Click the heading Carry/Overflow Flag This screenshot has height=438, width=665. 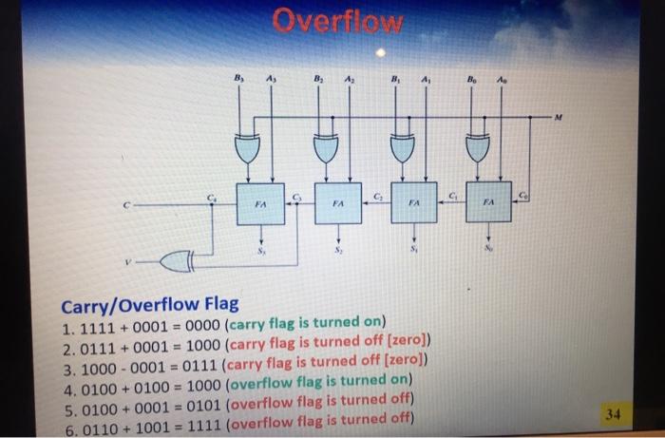(x=151, y=305)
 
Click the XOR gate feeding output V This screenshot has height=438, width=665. (x=178, y=257)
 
